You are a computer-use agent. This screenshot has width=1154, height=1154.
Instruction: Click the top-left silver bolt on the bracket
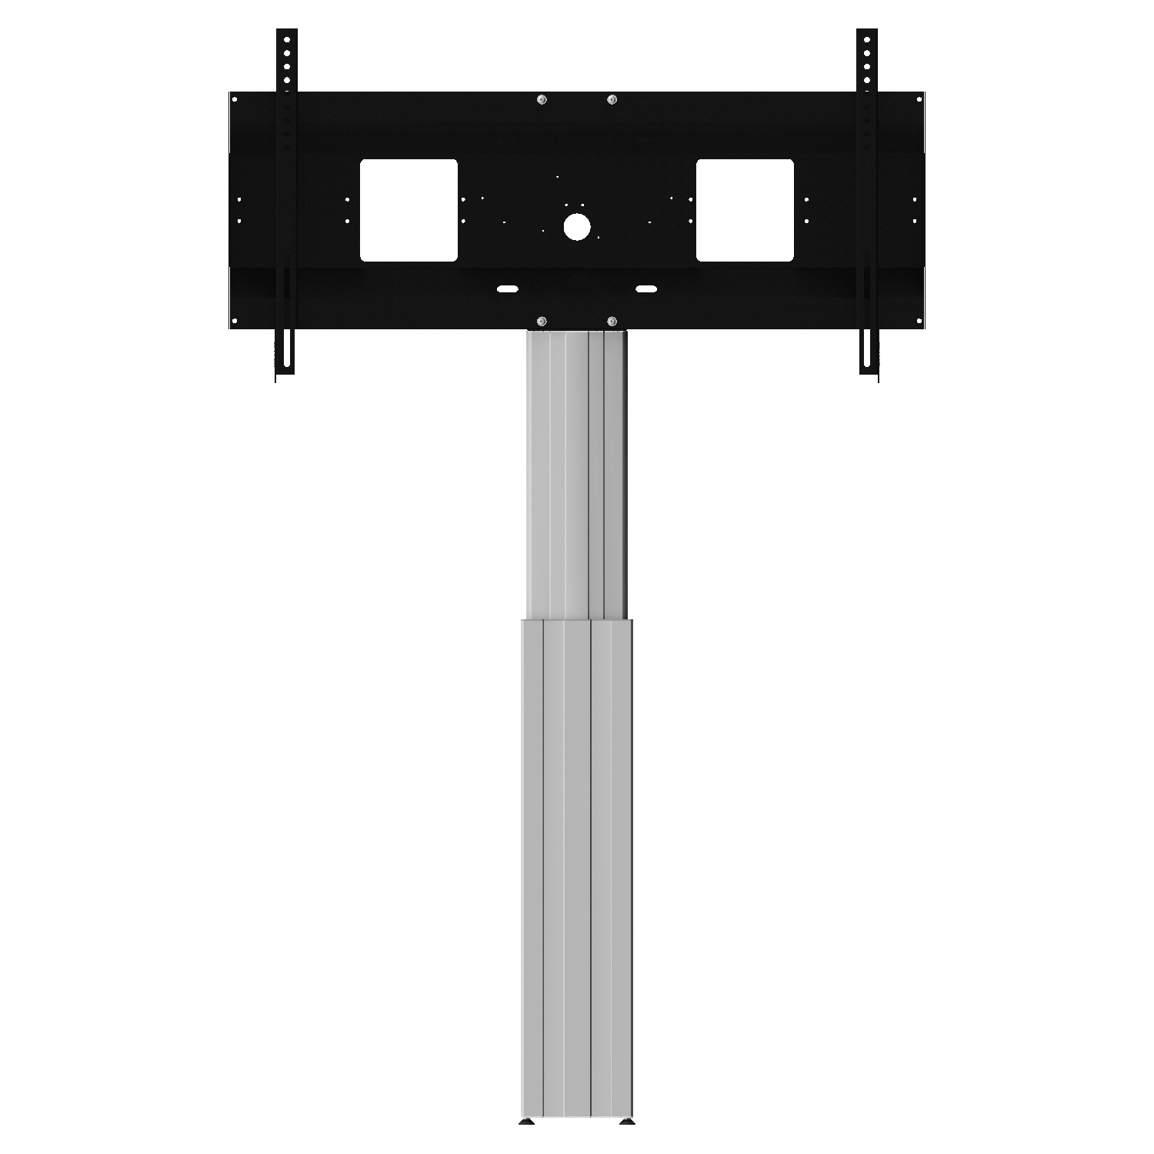click(x=542, y=99)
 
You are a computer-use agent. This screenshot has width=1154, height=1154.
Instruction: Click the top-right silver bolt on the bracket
click(x=612, y=99)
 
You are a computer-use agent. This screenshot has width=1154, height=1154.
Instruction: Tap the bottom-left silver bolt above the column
click(x=542, y=320)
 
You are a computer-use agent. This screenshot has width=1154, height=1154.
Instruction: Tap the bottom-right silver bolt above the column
click(x=612, y=320)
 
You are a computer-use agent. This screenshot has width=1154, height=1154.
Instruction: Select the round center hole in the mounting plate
click(x=576, y=225)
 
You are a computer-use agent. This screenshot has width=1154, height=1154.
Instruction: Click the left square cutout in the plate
click(x=409, y=210)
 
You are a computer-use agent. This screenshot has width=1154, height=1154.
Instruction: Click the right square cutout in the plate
click(x=745, y=210)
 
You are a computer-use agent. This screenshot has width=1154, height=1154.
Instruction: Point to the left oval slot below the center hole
click(x=508, y=289)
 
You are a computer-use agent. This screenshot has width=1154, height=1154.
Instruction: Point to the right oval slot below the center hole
click(x=645, y=289)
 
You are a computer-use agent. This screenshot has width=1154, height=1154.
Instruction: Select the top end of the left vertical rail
click(x=286, y=35)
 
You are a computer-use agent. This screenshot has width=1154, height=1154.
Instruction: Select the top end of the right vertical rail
click(x=867, y=35)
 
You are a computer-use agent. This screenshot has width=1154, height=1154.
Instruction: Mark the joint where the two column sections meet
click(x=577, y=619)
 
